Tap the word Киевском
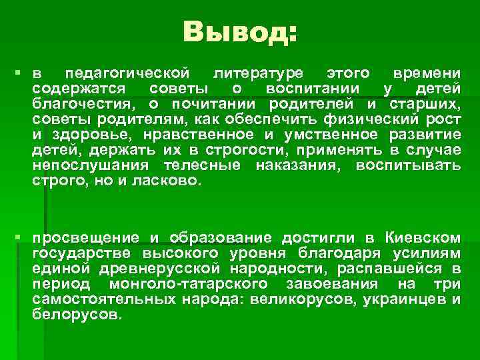[x=423, y=238]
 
